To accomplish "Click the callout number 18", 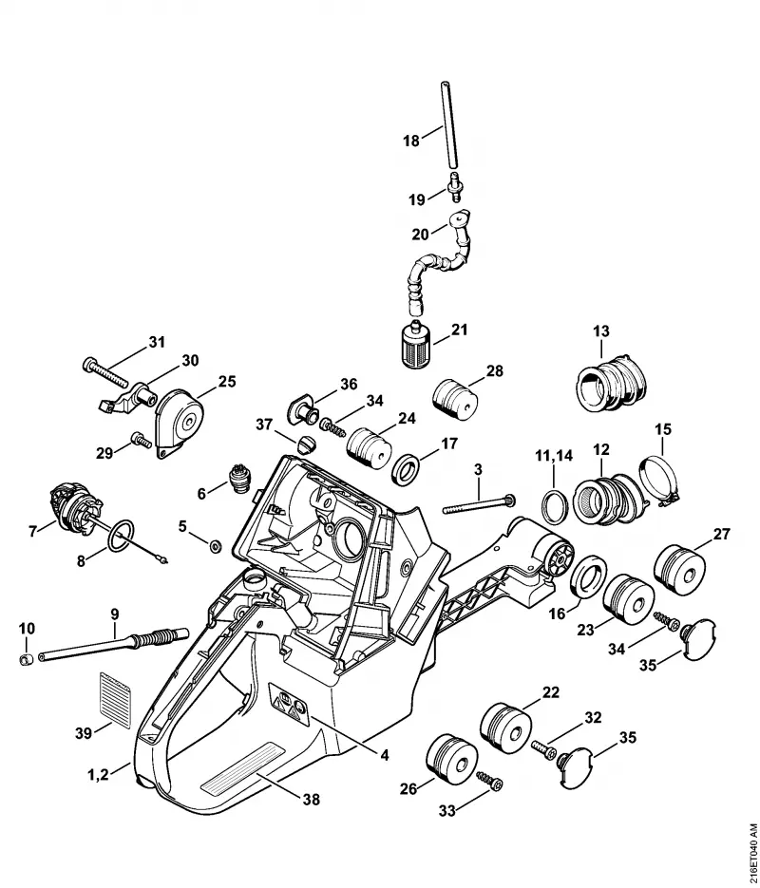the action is coord(411,140).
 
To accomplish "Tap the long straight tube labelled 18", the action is coord(448,124).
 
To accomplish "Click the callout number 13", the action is coord(600,331).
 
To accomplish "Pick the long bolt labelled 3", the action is coord(479,504).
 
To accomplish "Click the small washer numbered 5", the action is coord(215,546).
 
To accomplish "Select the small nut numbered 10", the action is coord(26,659).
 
